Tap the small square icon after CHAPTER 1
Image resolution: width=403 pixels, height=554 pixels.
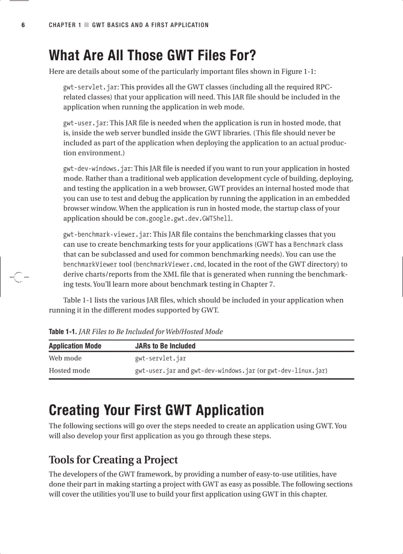pos(86,25)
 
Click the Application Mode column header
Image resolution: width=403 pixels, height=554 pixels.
pos(75,346)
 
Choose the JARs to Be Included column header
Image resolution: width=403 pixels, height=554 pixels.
pos(165,346)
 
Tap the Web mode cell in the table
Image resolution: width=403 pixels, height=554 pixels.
pos(65,358)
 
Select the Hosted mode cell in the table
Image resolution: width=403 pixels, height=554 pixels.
pos(69,370)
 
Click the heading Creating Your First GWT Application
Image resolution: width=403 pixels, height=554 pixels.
pos(156,410)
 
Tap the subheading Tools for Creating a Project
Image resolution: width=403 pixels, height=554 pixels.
pos(113,460)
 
